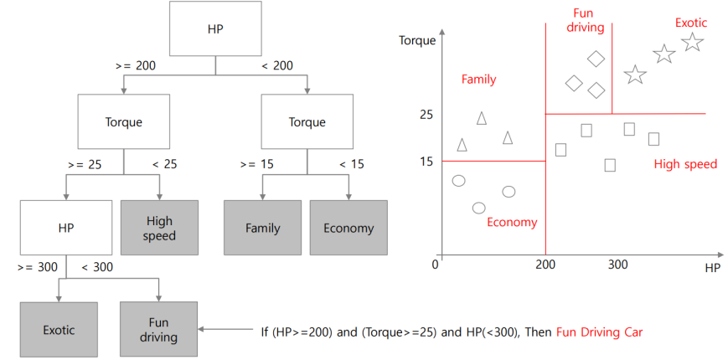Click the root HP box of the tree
click(215, 29)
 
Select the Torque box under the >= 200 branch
click(123, 122)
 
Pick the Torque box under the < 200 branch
click(307, 122)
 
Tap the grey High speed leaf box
click(159, 228)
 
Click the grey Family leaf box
click(262, 228)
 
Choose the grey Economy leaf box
click(349, 228)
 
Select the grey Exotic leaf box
click(59, 330)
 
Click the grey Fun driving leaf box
click(159, 330)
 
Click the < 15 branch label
click(351, 164)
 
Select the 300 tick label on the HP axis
click(617, 265)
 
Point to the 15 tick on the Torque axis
click(426, 161)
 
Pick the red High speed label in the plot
click(685, 164)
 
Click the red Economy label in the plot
click(511, 223)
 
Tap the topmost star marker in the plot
click(692, 42)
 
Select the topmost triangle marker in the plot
click(482, 118)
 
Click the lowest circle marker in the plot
click(479, 208)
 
